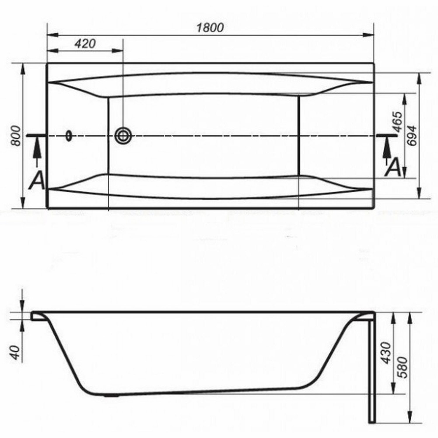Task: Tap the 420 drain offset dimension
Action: pyautogui.click(x=85, y=44)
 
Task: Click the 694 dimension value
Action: pyautogui.click(x=411, y=135)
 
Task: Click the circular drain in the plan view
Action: pyautogui.click(x=123, y=135)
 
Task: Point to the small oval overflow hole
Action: pyautogui.click(x=69, y=135)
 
